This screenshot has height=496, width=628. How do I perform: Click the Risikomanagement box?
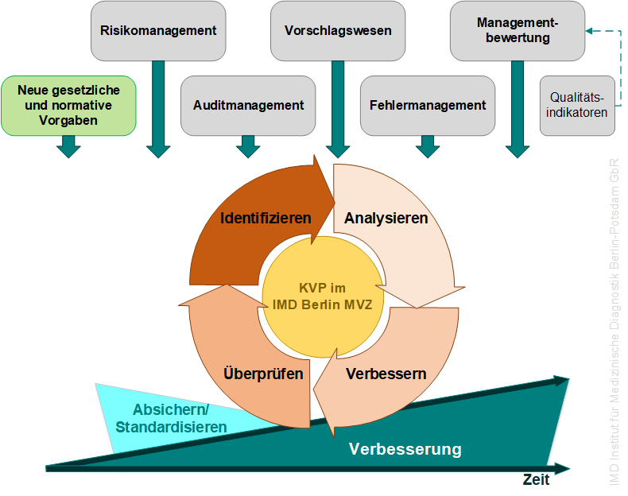(x=158, y=31)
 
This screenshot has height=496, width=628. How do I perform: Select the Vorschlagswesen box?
(x=338, y=31)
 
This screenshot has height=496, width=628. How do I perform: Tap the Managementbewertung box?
(x=518, y=31)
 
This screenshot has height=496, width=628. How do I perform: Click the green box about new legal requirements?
(x=68, y=106)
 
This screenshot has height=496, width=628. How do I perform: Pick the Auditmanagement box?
(x=248, y=106)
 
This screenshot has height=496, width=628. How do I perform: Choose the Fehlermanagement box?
(x=428, y=106)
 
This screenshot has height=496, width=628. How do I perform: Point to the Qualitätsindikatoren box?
(x=577, y=106)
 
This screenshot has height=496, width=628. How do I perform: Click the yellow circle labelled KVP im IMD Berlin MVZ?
(x=323, y=296)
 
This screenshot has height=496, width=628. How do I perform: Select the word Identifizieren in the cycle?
(x=266, y=218)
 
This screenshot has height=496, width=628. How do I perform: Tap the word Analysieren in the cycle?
(x=386, y=218)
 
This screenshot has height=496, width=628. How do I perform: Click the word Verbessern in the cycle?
(x=386, y=374)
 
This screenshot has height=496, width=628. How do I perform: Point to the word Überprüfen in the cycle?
(x=263, y=373)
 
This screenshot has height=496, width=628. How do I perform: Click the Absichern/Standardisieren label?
(x=171, y=418)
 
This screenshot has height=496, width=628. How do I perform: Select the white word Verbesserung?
(x=405, y=449)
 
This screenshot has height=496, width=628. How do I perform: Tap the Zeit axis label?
(x=536, y=479)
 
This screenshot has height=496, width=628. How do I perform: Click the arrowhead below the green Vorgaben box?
(x=68, y=147)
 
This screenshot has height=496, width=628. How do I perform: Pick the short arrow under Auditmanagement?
(x=248, y=147)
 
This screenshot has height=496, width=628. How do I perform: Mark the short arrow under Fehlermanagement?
(x=428, y=147)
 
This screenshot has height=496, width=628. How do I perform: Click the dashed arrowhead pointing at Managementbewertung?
(x=589, y=31)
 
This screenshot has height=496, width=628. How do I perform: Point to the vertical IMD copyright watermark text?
(x=614, y=322)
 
